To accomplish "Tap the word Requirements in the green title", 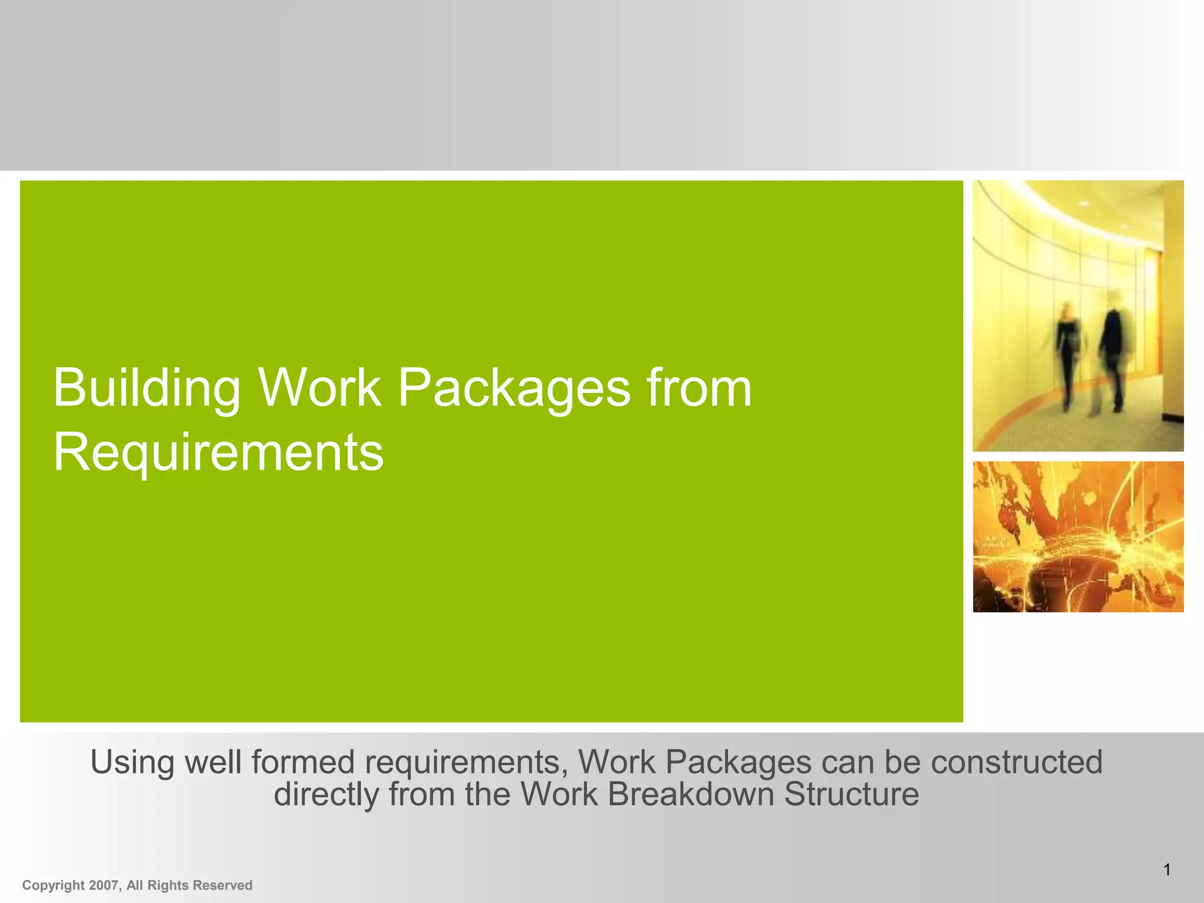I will coord(218,452).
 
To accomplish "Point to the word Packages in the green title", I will coord(514,389).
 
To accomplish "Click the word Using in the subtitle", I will coord(132,762).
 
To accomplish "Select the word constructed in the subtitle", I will coord(1016,762).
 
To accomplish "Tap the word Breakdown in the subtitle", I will coord(691,794).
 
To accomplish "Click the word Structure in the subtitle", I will coord(851,794).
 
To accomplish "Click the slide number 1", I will coord(1167,869).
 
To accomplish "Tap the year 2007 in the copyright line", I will coord(103,885).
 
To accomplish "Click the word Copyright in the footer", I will coord(53,886).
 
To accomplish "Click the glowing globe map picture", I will coord(1078,537).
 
